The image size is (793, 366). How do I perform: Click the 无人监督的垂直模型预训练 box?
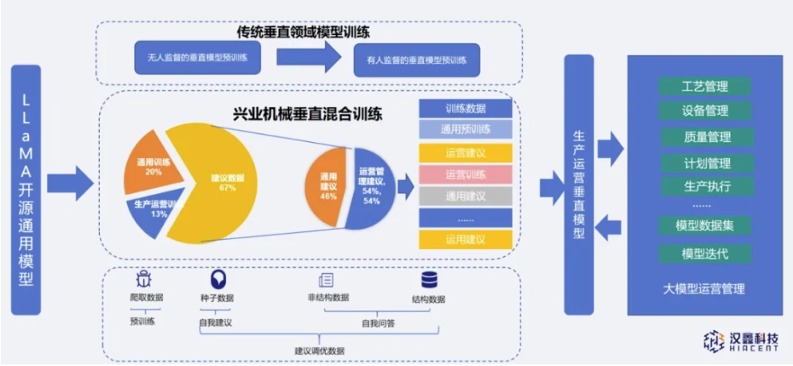click(197, 57)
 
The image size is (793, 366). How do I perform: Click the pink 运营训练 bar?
click(465, 174)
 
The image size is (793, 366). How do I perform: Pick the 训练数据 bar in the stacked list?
click(465, 108)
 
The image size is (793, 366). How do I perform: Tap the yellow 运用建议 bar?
click(465, 238)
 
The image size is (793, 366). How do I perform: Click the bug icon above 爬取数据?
click(144, 279)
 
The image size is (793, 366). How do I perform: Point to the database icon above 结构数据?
click(429, 280)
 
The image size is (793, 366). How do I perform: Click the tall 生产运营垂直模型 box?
click(578, 183)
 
